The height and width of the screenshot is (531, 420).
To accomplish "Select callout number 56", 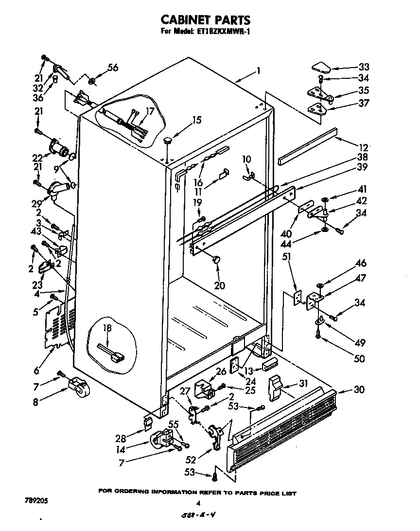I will click(112, 68).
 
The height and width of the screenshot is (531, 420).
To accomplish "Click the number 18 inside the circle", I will click(106, 328).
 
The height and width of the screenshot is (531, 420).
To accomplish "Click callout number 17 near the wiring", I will click(150, 111).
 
